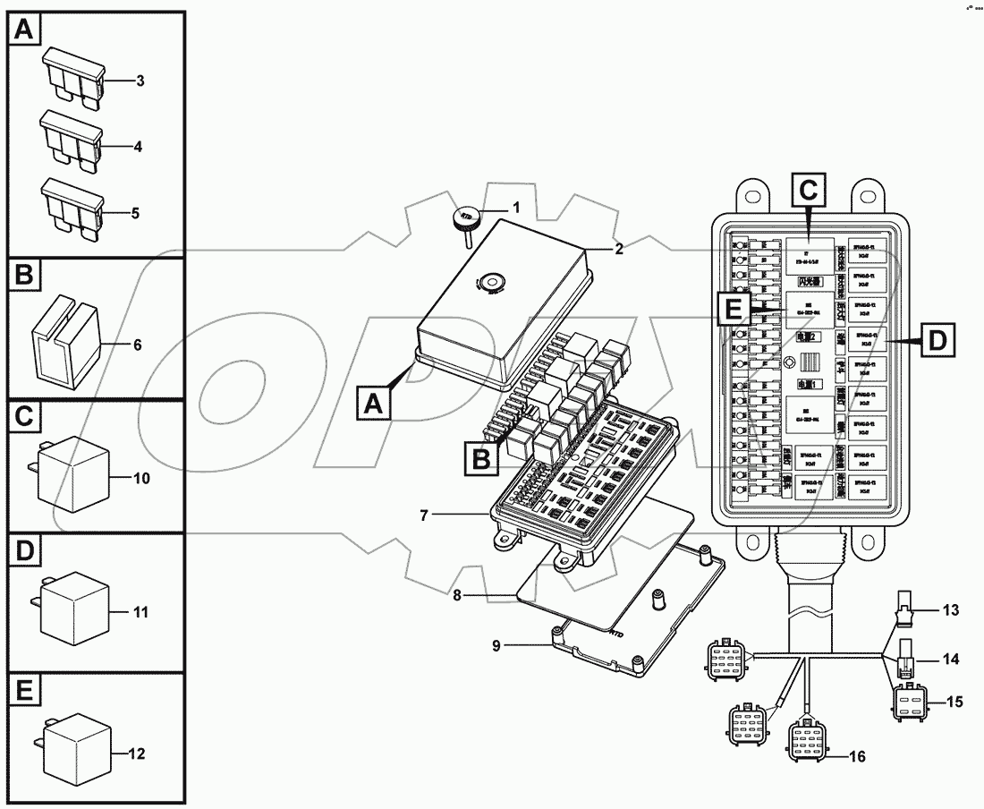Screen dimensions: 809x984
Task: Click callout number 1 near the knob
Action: pos(515,208)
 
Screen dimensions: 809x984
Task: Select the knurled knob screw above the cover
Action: pos(466,218)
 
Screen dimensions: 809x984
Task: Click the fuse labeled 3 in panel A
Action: pos(72,77)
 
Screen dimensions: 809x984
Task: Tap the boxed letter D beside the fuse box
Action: pos(936,341)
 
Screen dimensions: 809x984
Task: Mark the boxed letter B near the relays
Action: pos(480,459)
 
